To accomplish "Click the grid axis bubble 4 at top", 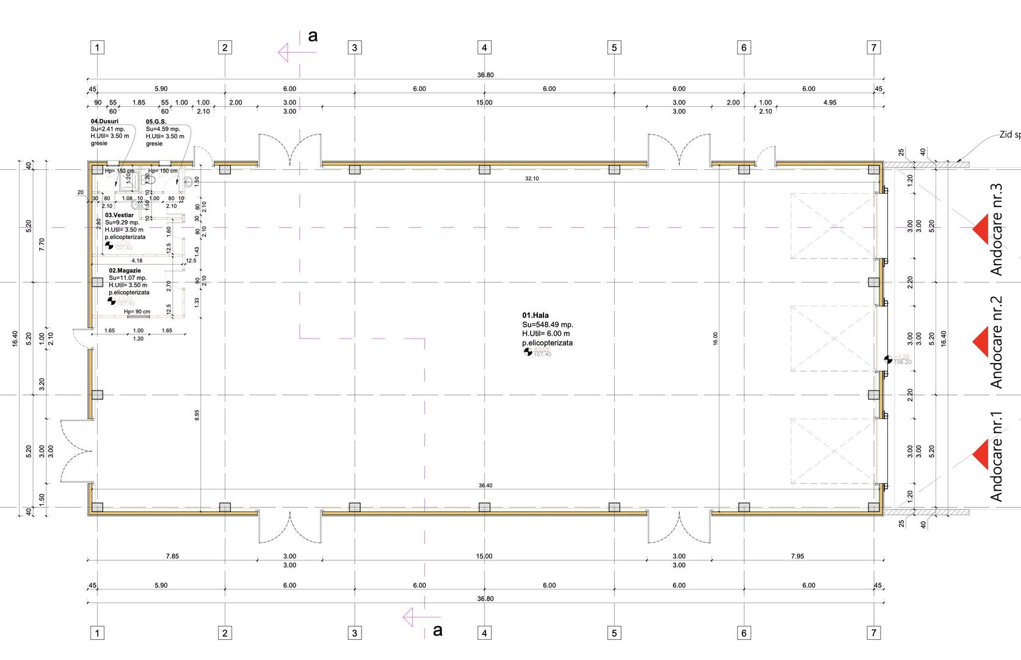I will tap(484, 48).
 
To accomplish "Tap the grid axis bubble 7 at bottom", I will tap(874, 633).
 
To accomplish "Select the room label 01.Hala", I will tap(536, 315).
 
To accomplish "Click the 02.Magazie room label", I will tap(125, 271).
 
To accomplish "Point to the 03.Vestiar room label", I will tap(119, 215).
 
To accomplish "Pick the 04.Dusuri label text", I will tap(104, 122).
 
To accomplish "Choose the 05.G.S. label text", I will tap(156, 122).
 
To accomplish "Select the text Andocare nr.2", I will tap(997, 342).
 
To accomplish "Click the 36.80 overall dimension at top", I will tap(485, 75).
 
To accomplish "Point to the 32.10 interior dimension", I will tap(532, 178).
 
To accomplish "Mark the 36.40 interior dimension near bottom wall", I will tap(485, 486).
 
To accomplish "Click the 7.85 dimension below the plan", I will tap(172, 556).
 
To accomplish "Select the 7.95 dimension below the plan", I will tap(798, 556).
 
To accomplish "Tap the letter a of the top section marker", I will tap(313, 36).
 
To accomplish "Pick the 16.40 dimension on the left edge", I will tap(15, 339).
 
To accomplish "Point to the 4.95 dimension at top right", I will tap(830, 103).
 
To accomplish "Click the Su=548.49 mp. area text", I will tap(548, 324).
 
